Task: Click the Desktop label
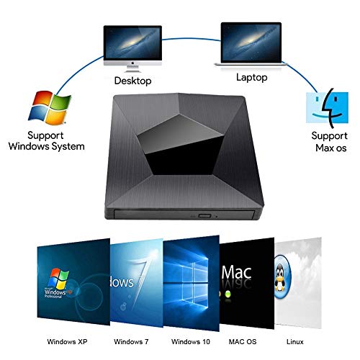(132, 81)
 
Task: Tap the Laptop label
(251, 78)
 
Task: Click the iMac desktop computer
(132, 48)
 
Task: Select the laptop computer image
(251, 44)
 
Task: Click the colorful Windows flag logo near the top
(50, 108)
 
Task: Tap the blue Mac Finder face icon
(327, 107)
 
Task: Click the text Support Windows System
(46, 141)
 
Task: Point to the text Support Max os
(330, 142)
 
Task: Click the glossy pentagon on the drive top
(180, 145)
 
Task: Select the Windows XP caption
(67, 341)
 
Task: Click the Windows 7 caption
(131, 341)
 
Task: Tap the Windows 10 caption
(191, 341)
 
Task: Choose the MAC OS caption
(243, 341)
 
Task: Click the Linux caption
(295, 341)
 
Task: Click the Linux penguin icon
(282, 277)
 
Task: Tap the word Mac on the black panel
(236, 272)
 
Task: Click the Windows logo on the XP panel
(58, 279)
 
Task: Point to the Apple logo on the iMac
(132, 63)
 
